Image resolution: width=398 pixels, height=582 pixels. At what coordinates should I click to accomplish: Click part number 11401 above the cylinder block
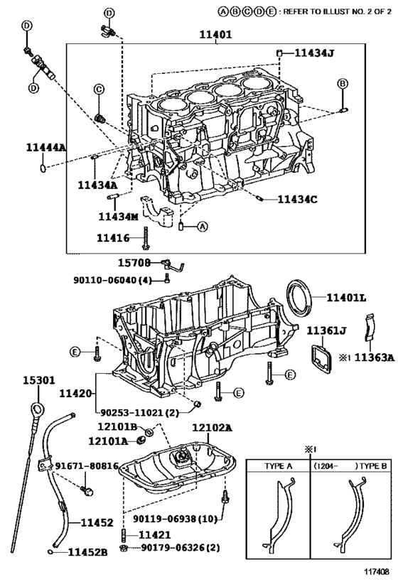(215, 35)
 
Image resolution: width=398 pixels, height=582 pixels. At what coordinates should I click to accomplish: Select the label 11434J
(314, 53)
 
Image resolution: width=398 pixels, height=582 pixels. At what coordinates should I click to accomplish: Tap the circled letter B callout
(343, 84)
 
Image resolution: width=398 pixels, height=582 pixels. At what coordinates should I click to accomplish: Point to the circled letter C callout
(99, 89)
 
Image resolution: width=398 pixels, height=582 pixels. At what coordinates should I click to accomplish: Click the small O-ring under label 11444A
(43, 168)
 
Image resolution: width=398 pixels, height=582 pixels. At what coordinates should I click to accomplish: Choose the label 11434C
(297, 200)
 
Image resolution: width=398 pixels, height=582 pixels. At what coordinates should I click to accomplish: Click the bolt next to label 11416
(146, 238)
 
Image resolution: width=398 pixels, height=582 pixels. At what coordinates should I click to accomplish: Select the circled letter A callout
(202, 226)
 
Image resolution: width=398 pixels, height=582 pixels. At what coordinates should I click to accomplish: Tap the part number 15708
(134, 263)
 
